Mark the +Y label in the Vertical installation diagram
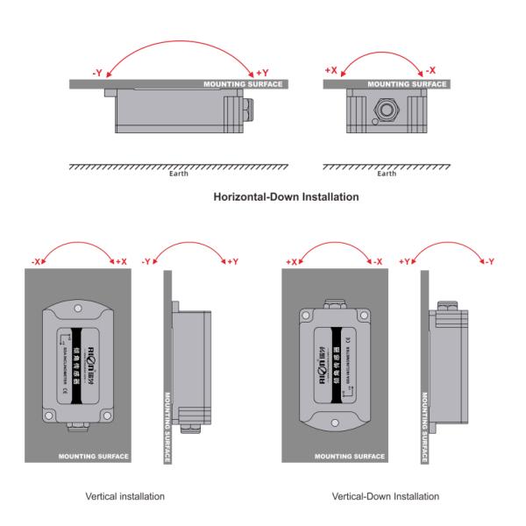(x=232, y=262)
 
